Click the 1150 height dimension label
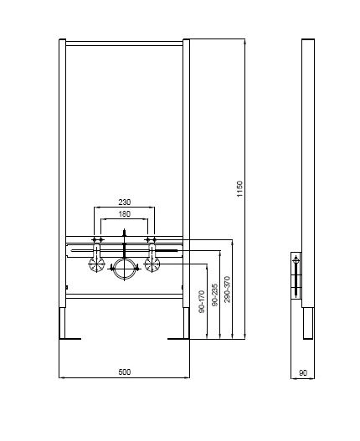click(x=239, y=189)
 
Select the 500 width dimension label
click(x=125, y=372)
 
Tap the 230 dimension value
click(x=125, y=202)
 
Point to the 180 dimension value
click(x=125, y=214)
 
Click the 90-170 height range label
click(x=202, y=302)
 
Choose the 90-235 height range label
click(x=214, y=295)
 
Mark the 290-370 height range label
click(x=227, y=290)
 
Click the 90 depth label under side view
click(x=303, y=373)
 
